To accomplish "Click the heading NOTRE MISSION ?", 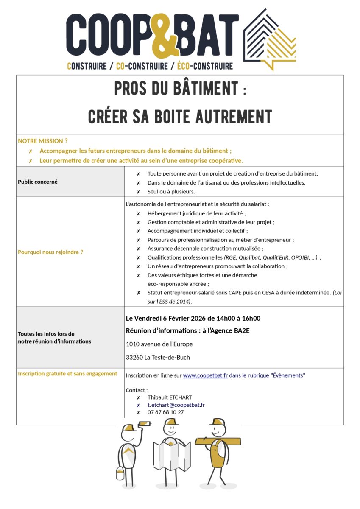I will coord(42,141).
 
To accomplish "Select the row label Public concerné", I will coord(38,182).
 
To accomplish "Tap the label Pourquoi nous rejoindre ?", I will coord(50,252).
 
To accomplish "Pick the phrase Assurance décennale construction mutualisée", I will coord(205,249).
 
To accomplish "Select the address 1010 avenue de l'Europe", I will coord(159,344).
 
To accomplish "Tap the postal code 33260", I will coord(134,357).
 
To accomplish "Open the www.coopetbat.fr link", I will coord(205,375).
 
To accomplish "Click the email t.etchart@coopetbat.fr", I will coord(176,405).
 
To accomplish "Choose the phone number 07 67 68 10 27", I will coord(165,412).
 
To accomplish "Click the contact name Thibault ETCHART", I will coord(169,397).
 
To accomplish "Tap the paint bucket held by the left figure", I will coord(120,473).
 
